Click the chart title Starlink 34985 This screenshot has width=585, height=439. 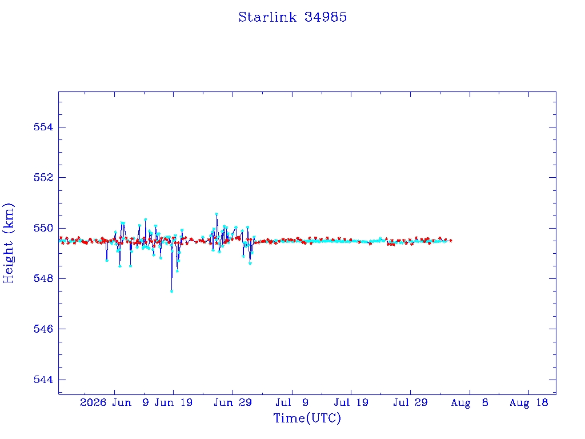[x=292, y=17]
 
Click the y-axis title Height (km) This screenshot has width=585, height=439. [x=8, y=243]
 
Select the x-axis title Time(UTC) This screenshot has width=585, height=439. [x=307, y=418]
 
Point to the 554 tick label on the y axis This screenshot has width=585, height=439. [x=43, y=127]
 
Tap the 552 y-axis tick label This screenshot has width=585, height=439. [x=43, y=177]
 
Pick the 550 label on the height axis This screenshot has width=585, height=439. [x=43, y=228]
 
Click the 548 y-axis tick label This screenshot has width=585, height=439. [x=43, y=278]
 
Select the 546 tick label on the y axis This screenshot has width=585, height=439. [x=43, y=329]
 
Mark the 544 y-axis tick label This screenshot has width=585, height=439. [x=43, y=380]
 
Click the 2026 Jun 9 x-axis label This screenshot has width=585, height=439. [x=114, y=402]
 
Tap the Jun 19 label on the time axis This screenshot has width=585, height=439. [x=174, y=402]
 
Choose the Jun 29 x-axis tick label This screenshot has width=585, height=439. [x=233, y=402]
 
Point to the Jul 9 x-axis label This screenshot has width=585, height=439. [x=292, y=402]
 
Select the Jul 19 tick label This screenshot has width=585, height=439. [x=351, y=402]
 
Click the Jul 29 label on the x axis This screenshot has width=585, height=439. [x=410, y=402]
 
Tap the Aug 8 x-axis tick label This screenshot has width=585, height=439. [x=470, y=402]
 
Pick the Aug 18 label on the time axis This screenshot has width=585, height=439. [x=528, y=402]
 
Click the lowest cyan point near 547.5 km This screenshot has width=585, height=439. [x=171, y=291]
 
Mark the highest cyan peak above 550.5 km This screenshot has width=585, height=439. [x=217, y=214]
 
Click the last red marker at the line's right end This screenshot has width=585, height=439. [x=451, y=241]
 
